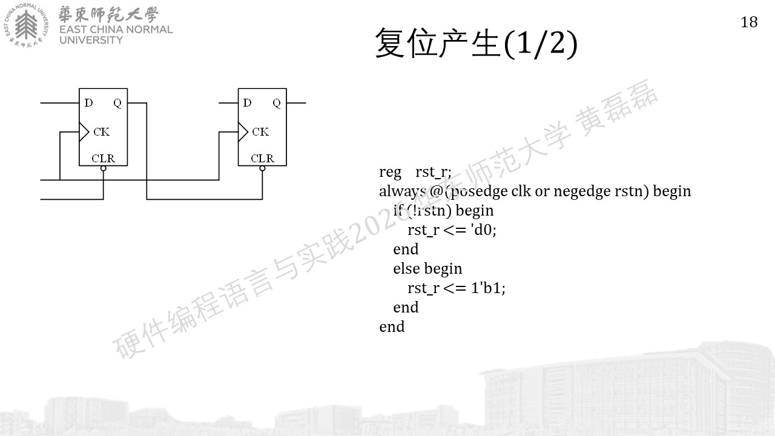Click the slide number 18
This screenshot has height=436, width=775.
(x=749, y=22)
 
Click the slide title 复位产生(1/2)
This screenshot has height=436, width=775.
(x=477, y=44)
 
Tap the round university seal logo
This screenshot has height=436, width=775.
(x=26, y=25)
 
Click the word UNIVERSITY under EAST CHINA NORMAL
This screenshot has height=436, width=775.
(x=91, y=40)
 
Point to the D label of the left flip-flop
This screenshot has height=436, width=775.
(x=88, y=103)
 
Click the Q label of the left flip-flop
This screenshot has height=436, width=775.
(x=117, y=103)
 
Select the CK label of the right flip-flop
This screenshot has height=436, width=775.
(x=260, y=132)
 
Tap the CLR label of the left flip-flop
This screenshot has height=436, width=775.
(x=103, y=159)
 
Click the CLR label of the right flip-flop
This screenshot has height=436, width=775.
(x=262, y=159)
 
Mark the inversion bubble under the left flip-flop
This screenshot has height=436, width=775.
(x=103, y=168)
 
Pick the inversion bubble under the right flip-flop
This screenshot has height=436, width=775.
(x=262, y=168)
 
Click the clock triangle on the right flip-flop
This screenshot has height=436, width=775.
(x=243, y=132)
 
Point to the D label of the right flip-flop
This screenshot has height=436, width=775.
(x=247, y=103)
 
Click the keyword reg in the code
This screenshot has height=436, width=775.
(x=391, y=173)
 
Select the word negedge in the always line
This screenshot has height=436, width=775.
(x=582, y=191)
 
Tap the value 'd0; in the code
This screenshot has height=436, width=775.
(x=484, y=230)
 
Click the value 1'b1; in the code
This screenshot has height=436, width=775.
(x=488, y=288)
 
